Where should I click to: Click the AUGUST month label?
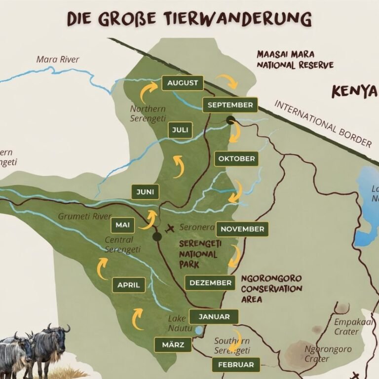(x=182, y=83)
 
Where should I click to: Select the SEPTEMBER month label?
(x=230, y=105)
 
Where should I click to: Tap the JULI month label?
(x=180, y=130)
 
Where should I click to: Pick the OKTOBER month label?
(x=236, y=159)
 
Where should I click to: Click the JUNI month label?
(x=145, y=191)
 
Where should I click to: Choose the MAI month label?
(x=122, y=225)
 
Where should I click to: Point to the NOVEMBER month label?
(x=242, y=229)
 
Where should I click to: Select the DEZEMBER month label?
(x=210, y=283)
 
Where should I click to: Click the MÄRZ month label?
(x=173, y=344)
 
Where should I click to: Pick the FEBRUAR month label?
(x=235, y=365)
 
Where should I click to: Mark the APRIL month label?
(x=129, y=285)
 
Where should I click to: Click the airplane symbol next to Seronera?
(x=171, y=228)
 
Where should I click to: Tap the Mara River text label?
(x=58, y=60)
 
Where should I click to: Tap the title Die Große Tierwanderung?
(x=189, y=19)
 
